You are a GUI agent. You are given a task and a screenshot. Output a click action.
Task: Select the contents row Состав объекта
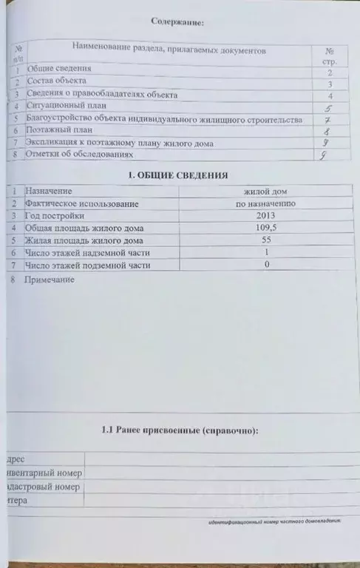pos(56,80)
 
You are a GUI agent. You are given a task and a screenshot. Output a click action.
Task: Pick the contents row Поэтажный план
pos(59,131)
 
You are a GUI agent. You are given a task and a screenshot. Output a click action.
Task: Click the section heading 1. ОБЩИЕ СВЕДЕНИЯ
pos(178,175)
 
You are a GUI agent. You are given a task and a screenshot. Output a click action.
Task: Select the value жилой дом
pos(265,192)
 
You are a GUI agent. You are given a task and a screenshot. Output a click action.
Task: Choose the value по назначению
pos(265,203)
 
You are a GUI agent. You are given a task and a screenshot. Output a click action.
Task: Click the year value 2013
pos(265,216)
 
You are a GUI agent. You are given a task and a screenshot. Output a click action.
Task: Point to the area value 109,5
pos(265,228)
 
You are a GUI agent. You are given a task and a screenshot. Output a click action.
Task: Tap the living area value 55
pos(265,240)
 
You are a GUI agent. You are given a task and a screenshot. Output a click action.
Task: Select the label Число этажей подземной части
pos(87,265)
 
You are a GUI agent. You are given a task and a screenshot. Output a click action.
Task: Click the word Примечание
pos(49,281)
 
